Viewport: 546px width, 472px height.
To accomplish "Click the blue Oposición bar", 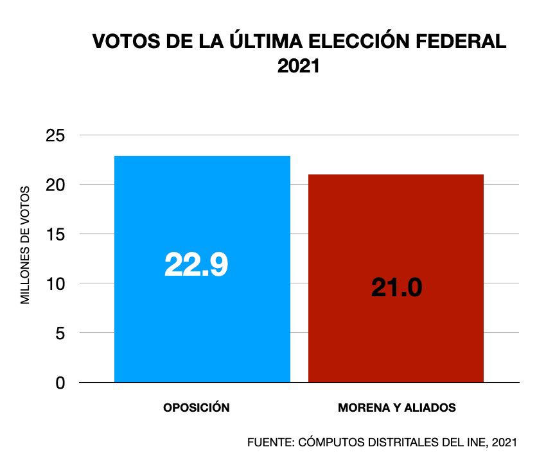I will pos(202,321).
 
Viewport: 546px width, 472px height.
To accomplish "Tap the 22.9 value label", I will pos(196,264).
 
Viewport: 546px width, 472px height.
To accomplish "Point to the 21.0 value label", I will pos(396,288).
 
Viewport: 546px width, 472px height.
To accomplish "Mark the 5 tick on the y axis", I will pos(60,333).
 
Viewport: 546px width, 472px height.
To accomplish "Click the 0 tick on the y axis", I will pos(60,383).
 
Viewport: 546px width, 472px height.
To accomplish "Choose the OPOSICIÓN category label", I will pos(196,408).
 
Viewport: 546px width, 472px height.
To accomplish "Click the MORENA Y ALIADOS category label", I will pos(396,408).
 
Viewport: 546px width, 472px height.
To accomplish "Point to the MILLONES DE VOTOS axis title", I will pos(26,244).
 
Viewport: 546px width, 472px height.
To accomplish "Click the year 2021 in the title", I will pos(298,67).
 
